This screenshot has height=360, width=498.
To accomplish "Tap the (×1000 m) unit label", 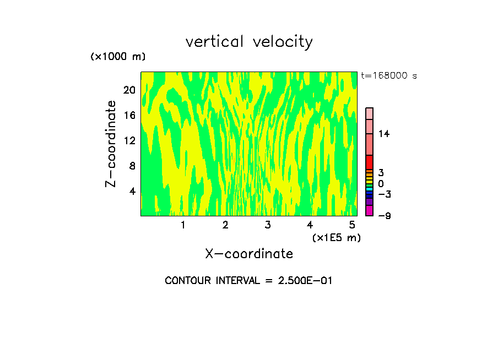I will (117, 57).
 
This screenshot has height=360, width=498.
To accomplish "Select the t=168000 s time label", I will (388, 75).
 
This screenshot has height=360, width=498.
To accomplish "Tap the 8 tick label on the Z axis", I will (132, 165).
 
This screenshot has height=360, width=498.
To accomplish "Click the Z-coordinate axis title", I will (111, 144).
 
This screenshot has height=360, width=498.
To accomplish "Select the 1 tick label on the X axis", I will (183, 225).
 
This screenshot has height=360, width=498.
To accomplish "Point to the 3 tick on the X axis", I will (268, 225).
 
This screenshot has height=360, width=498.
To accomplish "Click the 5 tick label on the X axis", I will (352, 225).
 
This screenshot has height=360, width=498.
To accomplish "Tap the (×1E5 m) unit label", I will (336, 237).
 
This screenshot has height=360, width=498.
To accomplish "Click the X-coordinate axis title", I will (249, 254).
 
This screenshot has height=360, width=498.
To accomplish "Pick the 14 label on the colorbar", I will (383, 134).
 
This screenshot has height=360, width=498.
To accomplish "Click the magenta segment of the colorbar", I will (369, 210).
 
